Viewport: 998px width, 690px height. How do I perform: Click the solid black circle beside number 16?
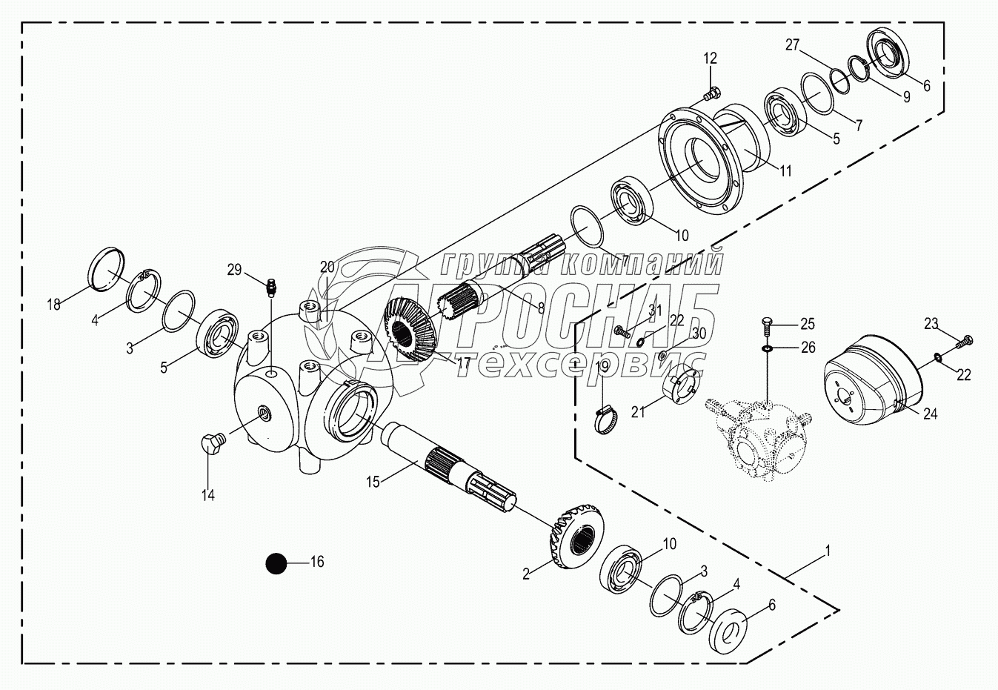point(276,563)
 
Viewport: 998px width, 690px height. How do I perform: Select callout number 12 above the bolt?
point(711,59)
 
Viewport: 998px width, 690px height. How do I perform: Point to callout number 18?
point(53,304)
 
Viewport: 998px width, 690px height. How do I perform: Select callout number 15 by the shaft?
point(373,482)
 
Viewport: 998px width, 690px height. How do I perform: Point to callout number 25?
point(808,323)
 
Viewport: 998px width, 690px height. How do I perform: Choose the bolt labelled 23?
point(962,342)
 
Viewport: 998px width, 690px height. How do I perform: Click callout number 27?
point(793,44)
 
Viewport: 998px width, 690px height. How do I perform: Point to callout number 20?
point(327,267)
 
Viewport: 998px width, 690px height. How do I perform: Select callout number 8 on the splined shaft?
point(541,308)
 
